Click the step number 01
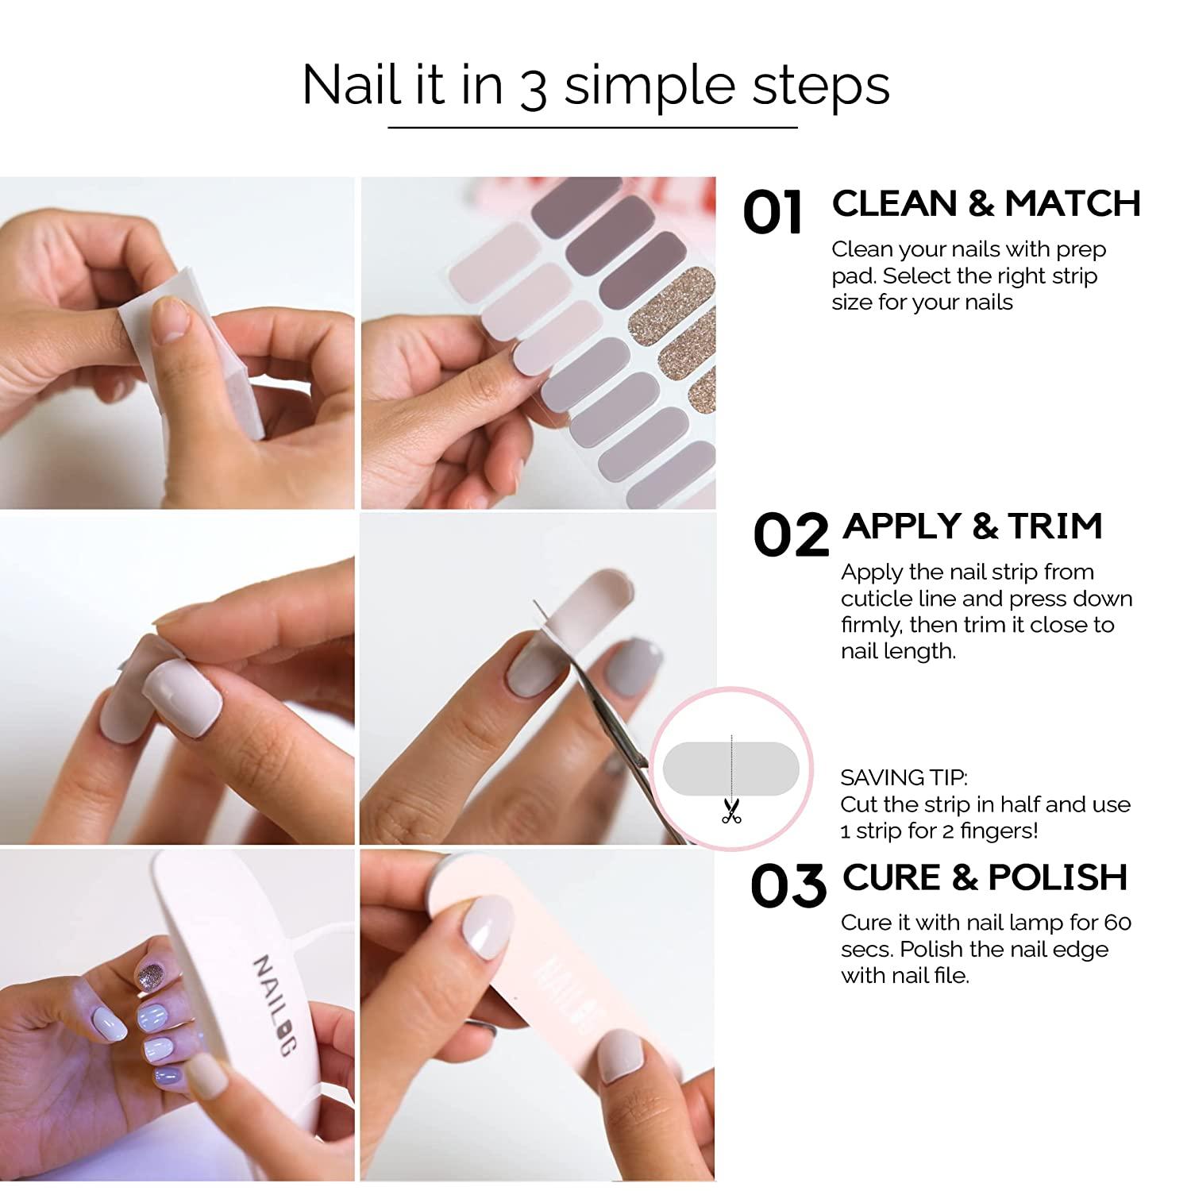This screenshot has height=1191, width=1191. (772, 213)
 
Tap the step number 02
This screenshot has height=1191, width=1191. (790, 536)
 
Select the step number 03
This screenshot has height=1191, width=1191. (788, 887)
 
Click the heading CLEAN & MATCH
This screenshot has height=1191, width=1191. (985, 204)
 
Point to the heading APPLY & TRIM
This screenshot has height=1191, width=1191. (973, 526)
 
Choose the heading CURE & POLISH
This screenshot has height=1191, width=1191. (985, 877)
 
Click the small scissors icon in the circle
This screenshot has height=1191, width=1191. (730, 810)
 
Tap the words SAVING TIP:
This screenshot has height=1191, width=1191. (904, 777)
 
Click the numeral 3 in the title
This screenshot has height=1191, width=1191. (533, 89)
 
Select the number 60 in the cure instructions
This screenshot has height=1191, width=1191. (1117, 923)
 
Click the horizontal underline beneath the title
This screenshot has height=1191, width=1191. (592, 127)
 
